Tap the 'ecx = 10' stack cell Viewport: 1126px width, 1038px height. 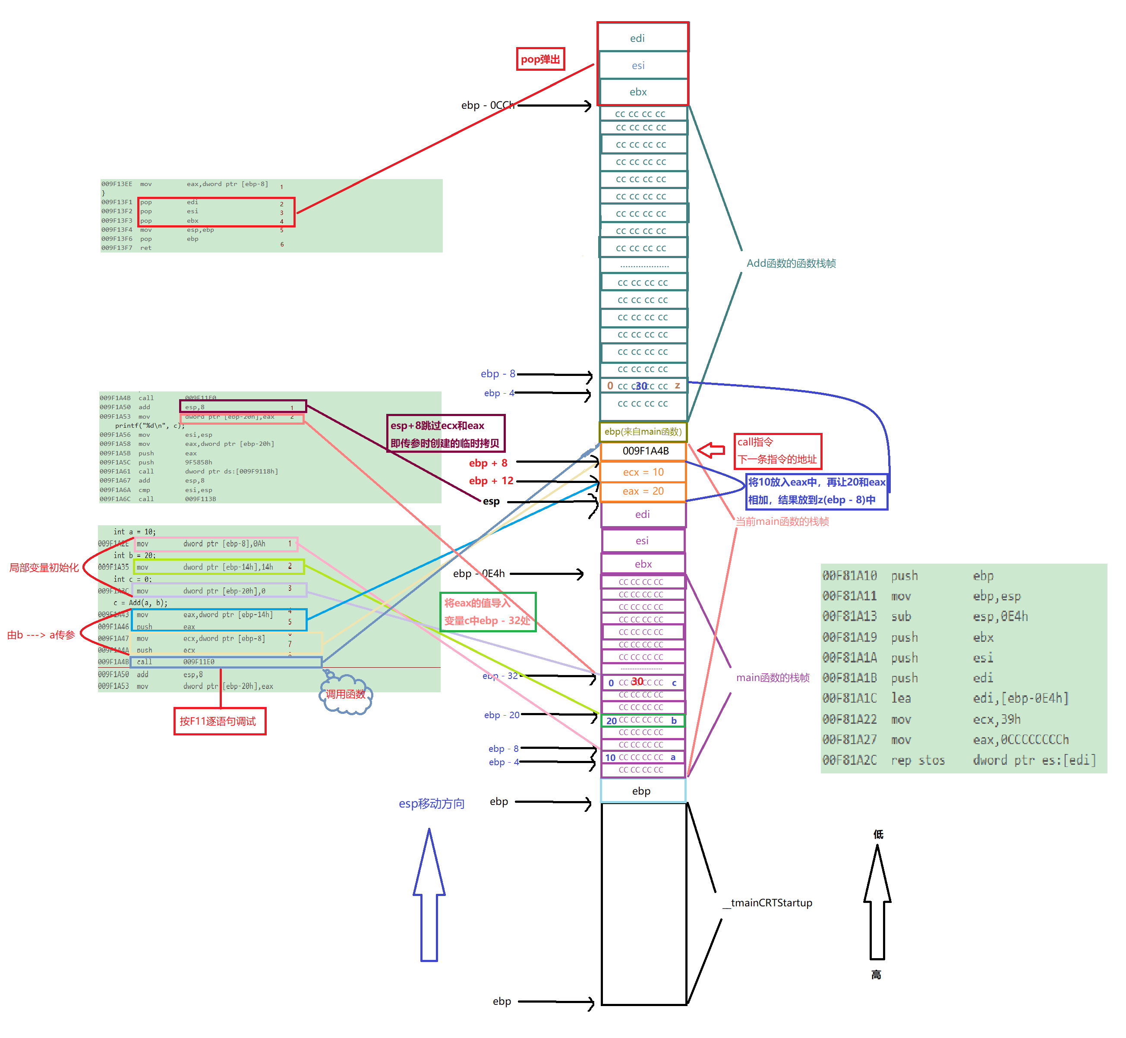pos(643,472)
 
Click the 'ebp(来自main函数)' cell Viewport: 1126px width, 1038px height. pos(643,431)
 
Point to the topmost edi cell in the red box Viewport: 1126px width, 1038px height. pos(637,38)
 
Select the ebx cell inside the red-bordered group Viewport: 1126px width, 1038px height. pos(638,92)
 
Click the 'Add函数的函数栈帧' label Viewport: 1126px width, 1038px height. pos(791,263)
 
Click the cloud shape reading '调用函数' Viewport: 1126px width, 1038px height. pos(345,694)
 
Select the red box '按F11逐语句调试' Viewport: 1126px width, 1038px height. pos(219,721)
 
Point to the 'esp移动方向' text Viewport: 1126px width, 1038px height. pos(431,804)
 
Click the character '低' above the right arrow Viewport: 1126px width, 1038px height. pos(878,834)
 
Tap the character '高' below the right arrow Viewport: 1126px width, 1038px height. pos(876,975)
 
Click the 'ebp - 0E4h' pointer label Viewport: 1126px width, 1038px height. pos(479,574)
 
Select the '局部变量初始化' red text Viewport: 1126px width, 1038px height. pos(44,567)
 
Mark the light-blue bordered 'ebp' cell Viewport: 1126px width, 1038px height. pos(642,791)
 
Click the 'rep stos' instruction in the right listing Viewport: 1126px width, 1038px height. pos(918,760)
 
